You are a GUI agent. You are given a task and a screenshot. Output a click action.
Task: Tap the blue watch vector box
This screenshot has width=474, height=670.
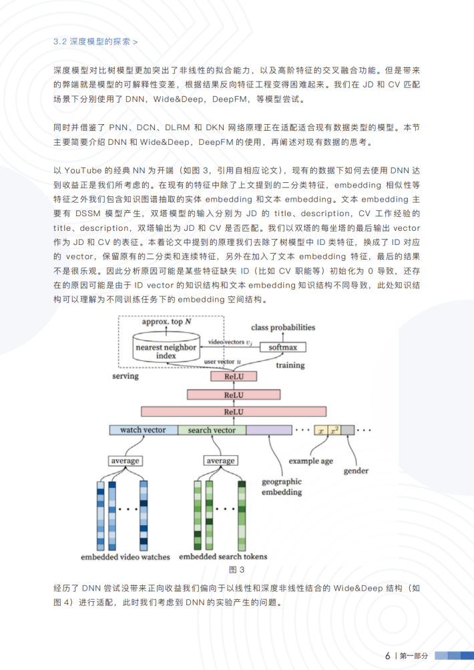click(x=143, y=430)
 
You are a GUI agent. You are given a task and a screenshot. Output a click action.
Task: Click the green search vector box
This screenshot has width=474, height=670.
click(x=212, y=430)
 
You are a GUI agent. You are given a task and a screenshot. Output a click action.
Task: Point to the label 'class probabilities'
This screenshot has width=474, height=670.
click(x=283, y=328)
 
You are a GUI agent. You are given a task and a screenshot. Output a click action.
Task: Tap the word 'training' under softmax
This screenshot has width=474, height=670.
click(x=290, y=365)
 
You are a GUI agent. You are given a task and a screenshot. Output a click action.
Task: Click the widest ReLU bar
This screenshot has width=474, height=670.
click(x=233, y=412)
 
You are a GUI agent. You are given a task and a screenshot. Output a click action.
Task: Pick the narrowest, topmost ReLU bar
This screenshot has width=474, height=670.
click(x=233, y=377)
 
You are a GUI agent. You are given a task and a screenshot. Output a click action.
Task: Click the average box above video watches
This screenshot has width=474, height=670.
click(x=125, y=461)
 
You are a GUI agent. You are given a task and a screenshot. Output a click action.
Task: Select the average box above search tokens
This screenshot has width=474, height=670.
click(x=220, y=461)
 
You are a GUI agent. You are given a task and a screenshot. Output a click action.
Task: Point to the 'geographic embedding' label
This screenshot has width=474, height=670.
click(x=282, y=486)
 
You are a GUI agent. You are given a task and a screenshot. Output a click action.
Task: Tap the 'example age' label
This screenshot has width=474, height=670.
click(x=311, y=461)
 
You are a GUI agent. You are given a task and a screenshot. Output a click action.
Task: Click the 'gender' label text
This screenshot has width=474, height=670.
click(x=356, y=471)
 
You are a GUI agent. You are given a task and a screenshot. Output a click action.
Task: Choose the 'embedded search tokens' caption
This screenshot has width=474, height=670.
click(x=223, y=557)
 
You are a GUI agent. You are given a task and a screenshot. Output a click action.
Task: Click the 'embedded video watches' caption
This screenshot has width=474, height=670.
click(x=126, y=557)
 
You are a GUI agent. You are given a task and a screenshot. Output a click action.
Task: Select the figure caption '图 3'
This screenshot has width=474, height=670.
click(x=237, y=569)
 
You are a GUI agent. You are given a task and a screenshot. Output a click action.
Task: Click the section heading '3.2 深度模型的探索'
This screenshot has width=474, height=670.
click(x=95, y=41)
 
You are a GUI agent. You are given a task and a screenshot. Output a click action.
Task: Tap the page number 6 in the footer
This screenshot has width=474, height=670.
click(x=387, y=656)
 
